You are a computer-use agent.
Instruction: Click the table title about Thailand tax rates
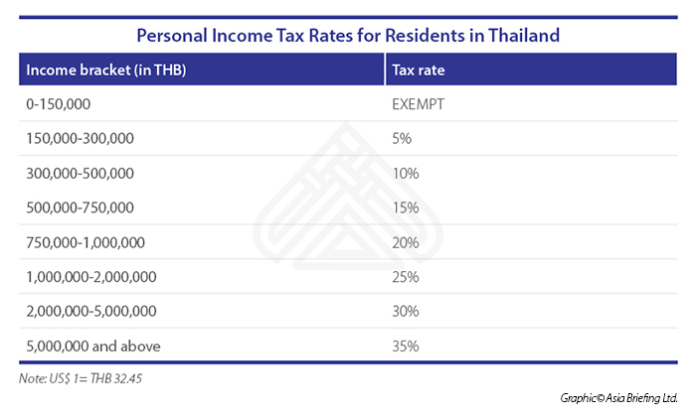coord(347,35)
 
